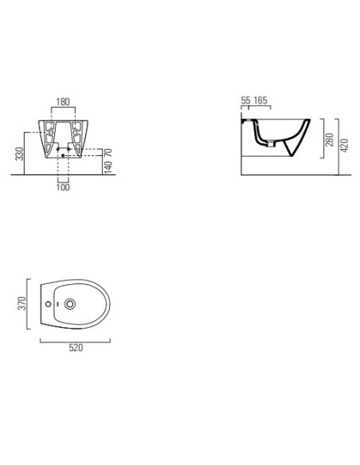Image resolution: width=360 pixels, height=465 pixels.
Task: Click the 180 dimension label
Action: click(x=63, y=102)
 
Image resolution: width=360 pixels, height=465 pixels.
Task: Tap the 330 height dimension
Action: click(x=19, y=154)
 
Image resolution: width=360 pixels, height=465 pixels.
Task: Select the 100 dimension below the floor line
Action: click(x=63, y=187)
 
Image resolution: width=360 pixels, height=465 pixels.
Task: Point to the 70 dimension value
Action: click(x=108, y=153)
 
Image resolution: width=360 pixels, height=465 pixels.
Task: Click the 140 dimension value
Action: click(x=108, y=167)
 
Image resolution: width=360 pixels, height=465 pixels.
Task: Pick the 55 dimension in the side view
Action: click(x=245, y=100)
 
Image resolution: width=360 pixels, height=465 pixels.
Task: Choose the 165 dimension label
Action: click(x=260, y=100)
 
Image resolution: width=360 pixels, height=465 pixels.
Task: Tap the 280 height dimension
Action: click(x=329, y=139)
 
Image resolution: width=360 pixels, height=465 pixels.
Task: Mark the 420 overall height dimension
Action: click(x=344, y=145)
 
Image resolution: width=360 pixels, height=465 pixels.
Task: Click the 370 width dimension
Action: click(x=22, y=303)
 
